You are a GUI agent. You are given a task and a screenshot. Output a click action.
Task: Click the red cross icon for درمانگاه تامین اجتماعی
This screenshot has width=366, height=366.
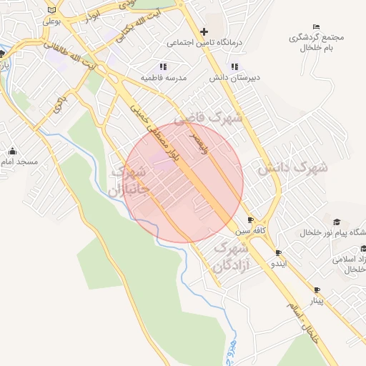point(204,31)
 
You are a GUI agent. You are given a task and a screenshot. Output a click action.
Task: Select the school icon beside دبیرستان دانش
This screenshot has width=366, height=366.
point(234,66)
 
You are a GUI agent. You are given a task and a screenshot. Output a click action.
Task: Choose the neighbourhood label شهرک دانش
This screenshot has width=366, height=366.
point(292,168)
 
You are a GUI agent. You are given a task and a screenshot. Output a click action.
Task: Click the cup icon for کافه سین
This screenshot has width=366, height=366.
point(249,220)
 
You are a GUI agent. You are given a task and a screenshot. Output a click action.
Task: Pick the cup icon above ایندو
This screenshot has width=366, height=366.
point(278,252)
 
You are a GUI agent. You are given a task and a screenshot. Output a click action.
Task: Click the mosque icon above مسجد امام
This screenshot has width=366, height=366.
point(12,151)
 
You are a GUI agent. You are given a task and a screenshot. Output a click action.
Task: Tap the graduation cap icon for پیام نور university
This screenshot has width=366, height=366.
point(337,221)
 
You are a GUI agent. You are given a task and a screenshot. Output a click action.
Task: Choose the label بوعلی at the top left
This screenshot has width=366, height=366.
point(51,21)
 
